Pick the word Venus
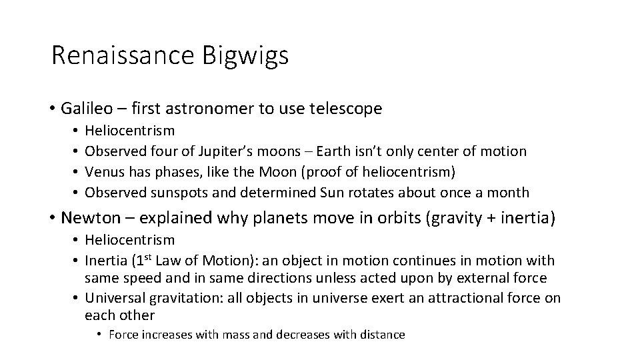coord(104,172)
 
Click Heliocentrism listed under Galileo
coord(131,131)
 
